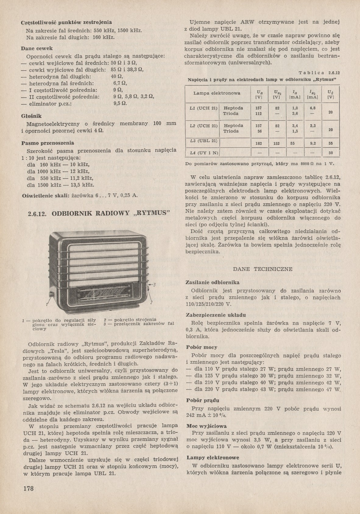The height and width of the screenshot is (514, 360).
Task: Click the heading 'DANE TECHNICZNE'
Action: click(x=263, y=269)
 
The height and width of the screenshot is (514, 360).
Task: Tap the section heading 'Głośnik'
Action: click(x=31, y=116)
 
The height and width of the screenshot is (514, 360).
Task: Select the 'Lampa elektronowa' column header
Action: click(x=217, y=93)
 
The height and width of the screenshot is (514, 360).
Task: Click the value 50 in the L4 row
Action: click(x=330, y=153)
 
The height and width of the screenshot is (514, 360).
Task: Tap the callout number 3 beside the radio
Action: click(x=154, y=285)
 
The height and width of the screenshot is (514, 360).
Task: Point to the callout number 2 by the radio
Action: click(x=151, y=303)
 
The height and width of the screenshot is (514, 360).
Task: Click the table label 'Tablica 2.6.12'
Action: click(x=319, y=73)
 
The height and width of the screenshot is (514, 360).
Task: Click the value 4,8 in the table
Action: click(x=313, y=108)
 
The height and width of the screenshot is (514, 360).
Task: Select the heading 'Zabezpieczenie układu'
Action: click(x=216, y=315)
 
